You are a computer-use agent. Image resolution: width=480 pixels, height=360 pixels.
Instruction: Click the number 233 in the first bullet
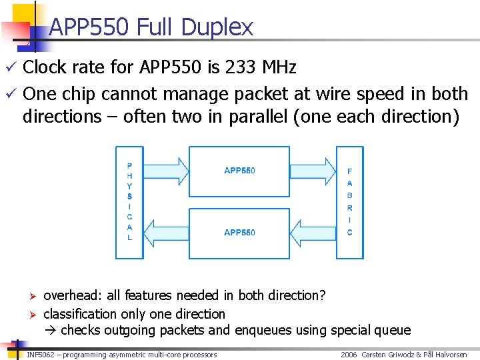click(x=239, y=67)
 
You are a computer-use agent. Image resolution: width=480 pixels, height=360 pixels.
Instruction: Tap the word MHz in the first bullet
click(x=279, y=67)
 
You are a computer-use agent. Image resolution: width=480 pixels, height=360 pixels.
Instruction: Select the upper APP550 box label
click(x=239, y=171)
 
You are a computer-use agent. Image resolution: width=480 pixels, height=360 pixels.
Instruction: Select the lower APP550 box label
click(x=239, y=233)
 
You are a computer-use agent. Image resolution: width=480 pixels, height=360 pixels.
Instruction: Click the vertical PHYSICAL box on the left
click(x=129, y=202)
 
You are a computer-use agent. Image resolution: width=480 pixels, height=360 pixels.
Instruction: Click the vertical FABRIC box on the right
click(x=350, y=202)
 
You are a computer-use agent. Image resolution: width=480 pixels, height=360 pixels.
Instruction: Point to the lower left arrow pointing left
click(x=166, y=233)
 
